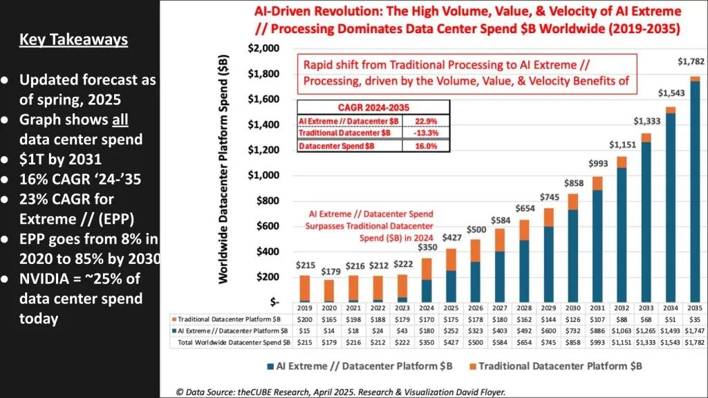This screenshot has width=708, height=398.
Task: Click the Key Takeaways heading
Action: (x=73, y=39)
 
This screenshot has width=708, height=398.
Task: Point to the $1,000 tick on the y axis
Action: (x=263, y=176)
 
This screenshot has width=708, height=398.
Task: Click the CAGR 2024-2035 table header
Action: (x=373, y=106)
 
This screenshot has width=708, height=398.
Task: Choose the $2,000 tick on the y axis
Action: (x=263, y=48)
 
